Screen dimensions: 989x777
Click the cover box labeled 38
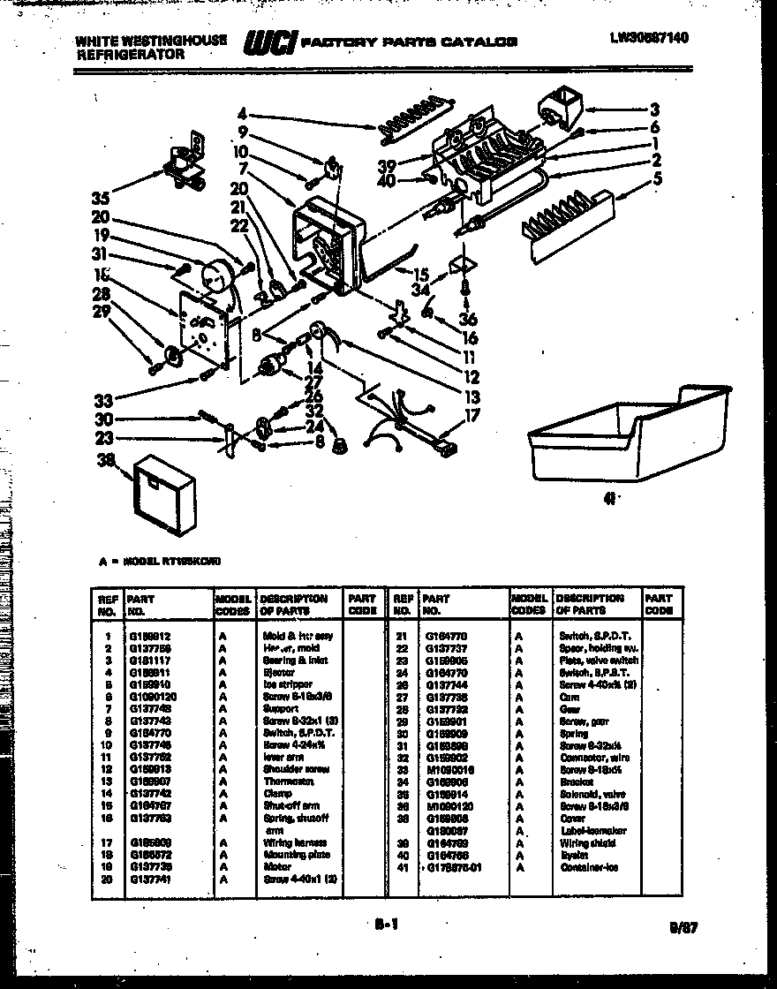162,489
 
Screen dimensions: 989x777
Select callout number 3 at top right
654,109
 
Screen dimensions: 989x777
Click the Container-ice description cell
589,867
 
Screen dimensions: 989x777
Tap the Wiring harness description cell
295,842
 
